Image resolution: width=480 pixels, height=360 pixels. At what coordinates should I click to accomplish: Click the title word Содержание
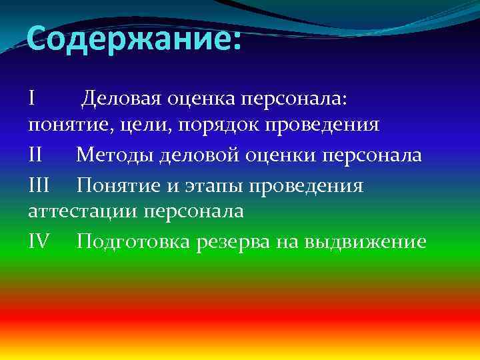point(127,41)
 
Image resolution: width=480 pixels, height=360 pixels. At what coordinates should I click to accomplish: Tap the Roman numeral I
point(33,98)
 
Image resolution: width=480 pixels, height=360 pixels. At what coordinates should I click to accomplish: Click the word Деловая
point(121,99)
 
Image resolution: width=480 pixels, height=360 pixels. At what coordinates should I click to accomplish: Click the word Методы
point(114,155)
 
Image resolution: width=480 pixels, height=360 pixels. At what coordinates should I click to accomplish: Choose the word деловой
point(196,155)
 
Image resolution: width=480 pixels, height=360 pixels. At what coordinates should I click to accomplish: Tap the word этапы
point(213,185)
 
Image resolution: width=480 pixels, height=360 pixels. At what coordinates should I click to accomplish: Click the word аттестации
point(81,212)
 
